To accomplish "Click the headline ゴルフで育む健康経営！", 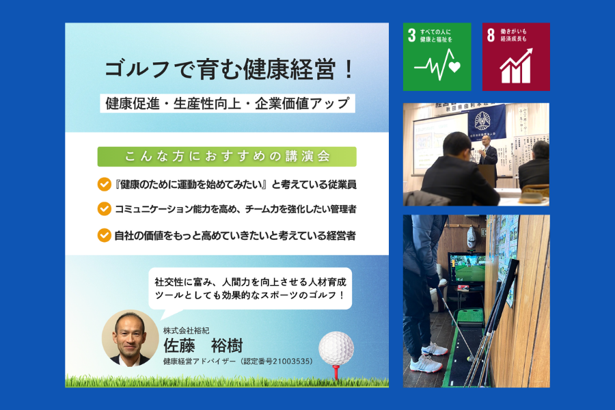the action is coord(229,70).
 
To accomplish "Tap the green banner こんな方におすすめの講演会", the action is coord(227,156).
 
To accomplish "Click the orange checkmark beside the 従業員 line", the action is coord(105,184).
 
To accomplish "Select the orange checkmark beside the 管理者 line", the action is coord(105,208).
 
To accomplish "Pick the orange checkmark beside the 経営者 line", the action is coord(105,235).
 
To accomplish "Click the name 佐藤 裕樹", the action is coord(203,346).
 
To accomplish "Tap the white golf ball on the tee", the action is coord(336,348).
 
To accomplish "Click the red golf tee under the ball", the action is coord(336,372).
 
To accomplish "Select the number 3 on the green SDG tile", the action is coord(411,36).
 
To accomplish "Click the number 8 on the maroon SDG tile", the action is coord(491,35).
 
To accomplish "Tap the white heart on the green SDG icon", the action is coord(454,67).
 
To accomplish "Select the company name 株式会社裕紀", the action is coord(186,331).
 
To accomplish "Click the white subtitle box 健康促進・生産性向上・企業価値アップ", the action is coord(228,103).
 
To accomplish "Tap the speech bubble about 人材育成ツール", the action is coord(250,288).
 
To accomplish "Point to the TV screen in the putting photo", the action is coord(467,269).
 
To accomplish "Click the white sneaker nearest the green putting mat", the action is coord(435,348).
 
